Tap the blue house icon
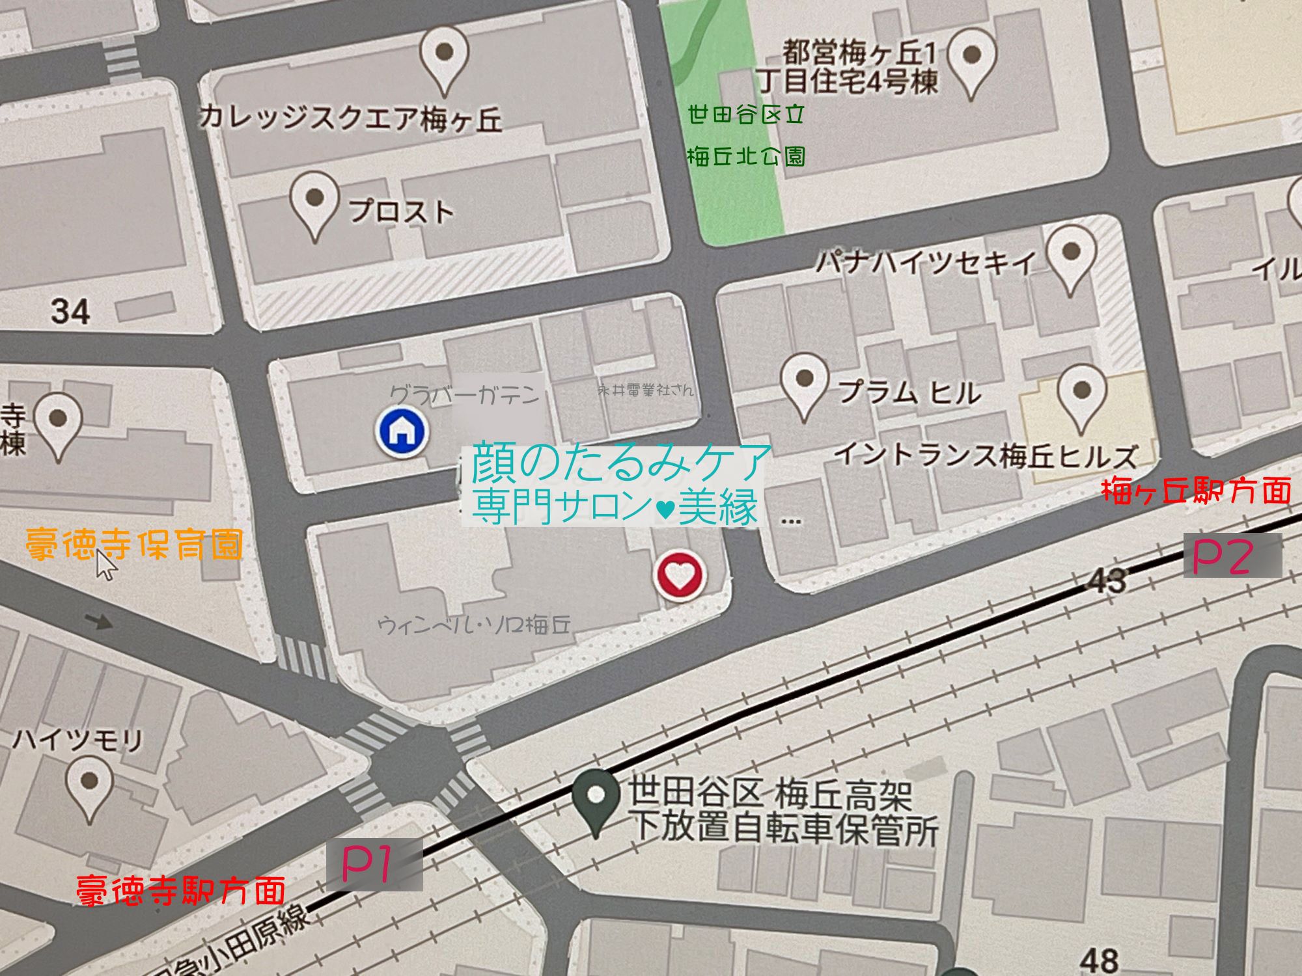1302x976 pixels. [x=402, y=430]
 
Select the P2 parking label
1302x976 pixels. [x=1223, y=557]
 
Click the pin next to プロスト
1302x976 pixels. [x=314, y=202]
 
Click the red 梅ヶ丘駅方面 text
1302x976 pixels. [x=1195, y=491]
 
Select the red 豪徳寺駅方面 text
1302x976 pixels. [x=181, y=889]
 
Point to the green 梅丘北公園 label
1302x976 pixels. [x=746, y=156]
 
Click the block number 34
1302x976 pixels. [x=70, y=311]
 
